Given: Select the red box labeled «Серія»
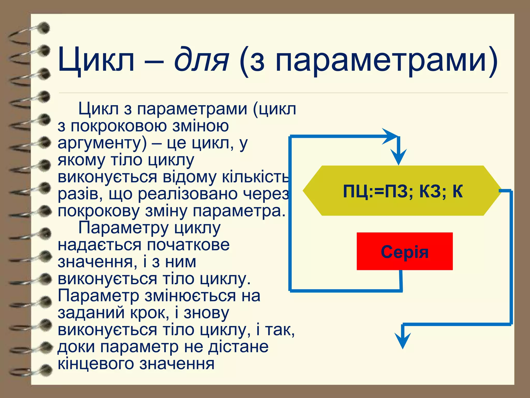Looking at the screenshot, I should [x=404, y=251].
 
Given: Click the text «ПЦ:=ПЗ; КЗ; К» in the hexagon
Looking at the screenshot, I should [x=403, y=191].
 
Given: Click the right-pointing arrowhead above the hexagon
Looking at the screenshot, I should [x=390, y=136].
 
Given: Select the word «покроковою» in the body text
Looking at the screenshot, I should [x=119, y=126].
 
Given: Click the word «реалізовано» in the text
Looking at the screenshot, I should [x=188, y=194].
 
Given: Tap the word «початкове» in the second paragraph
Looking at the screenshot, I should [x=188, y=245].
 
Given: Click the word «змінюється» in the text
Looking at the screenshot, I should [x=190, y=296].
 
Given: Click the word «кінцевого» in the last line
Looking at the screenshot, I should [x=96, y=364].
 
